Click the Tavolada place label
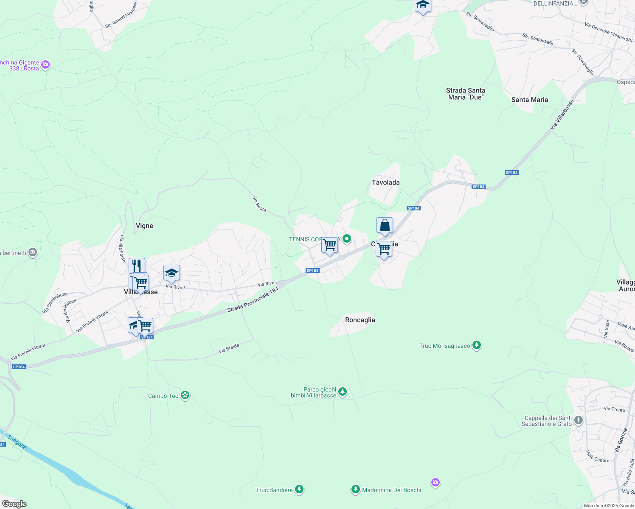tap(385, 182)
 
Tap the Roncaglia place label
tap(360, 320)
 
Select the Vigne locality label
tap(144, 226)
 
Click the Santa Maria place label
tap(529, 100)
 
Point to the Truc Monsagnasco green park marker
tap(477, 345)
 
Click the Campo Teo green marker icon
tap(185, 395)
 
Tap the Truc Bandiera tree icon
tap(299, 490)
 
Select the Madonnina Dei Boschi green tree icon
tap(355, 490)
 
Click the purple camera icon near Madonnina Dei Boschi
tap(435, 483)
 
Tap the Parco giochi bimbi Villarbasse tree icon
tap(343, 392)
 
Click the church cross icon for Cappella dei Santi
tap(578, 420)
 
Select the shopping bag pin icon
tap(385, 226)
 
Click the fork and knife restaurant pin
tap(137, 266)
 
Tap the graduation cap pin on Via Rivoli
tap(171, 274)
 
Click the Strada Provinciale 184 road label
tap(253, 300)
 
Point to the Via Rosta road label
tap(259, 204)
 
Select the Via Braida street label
tap(229, 348)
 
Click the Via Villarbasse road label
tap(562, 115)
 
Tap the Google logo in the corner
tap(14, 504)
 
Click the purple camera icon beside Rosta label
tap(45, 65)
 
